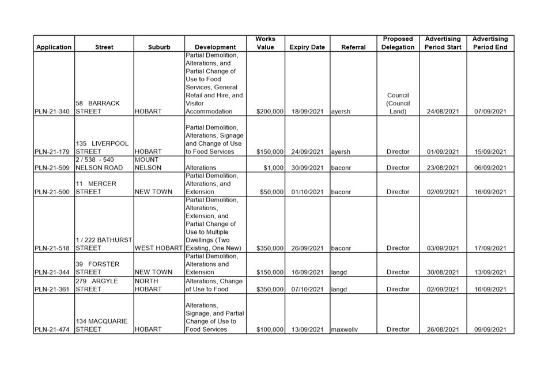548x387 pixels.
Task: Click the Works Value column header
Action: pos(265,43)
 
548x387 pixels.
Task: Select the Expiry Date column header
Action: pos(307,47)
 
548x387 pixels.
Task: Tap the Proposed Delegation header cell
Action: pos(398,43)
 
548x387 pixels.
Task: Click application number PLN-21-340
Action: pos(53,112)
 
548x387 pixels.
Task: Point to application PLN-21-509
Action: pos(53,168)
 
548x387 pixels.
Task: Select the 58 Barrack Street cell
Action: pos(97,108)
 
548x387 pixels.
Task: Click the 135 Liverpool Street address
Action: pos(97,148)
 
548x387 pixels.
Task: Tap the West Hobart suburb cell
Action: pos(158,248)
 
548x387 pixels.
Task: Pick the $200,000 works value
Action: pos(270,112)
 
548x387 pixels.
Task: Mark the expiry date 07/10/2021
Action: pos(307,289)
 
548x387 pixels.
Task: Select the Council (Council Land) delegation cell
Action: pos(398,104)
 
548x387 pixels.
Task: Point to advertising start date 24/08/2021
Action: pos(443,112)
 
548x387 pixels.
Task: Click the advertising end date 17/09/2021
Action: pos(490,248)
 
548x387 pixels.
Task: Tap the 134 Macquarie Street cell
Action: pos(100,325)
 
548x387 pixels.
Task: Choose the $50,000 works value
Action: pos(271,192)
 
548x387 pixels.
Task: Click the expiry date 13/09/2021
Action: pos(307,329)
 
